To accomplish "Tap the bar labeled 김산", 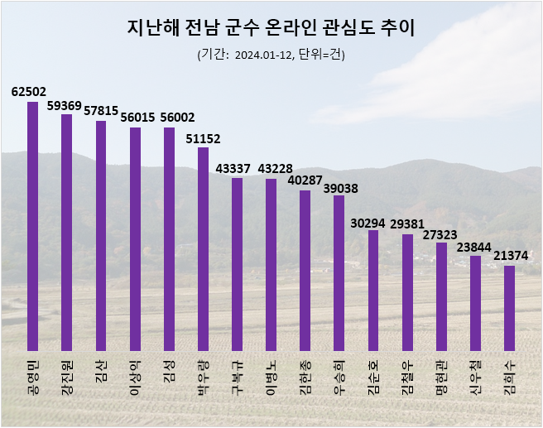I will pos(101,236).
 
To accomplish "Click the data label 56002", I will pos(169,118).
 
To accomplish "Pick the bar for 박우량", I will pos(203,249).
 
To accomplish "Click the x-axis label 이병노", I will pos(270,379).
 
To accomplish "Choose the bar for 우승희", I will pos(339,273).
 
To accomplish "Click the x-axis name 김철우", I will pos(406,379).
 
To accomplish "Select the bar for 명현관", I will pos(441,296).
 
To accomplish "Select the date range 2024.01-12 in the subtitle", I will pos(264,55).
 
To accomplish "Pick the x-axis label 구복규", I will pos(236,379).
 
